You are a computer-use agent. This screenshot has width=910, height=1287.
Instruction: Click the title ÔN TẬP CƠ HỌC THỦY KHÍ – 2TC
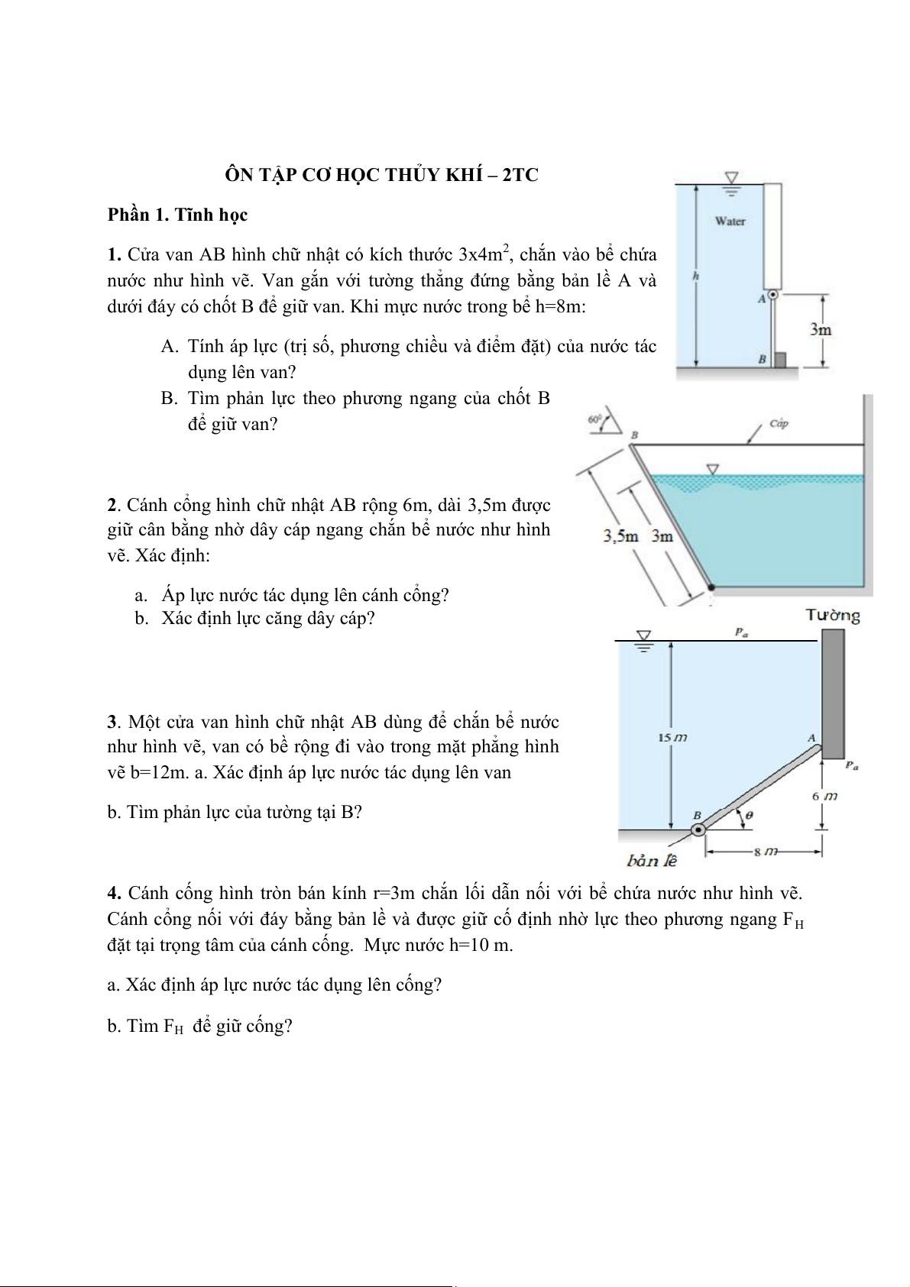[x=381, y=175]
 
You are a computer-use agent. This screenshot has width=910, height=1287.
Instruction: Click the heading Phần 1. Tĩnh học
[x=177, y=215]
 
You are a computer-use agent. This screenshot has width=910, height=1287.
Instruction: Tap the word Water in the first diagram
[x=730, y=221]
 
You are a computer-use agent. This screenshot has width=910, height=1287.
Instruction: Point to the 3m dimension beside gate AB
[x=820, y=330]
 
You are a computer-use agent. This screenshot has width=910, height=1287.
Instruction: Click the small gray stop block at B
[x=780, y=359]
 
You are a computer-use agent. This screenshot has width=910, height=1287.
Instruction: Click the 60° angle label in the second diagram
[x=595, y=419]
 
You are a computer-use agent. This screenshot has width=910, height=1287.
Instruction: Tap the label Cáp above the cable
[x=779, y=422]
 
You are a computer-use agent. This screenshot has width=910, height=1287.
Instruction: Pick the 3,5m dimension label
[x=620, y=535]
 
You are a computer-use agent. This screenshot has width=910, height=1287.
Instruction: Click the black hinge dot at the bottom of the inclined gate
[x=711, y=587]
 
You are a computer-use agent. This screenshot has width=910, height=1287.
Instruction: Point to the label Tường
[x=832, y=616]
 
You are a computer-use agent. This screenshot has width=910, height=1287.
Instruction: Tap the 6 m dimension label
[x=824, y=796]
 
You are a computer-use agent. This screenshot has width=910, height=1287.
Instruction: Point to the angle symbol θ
[x=750, y=815]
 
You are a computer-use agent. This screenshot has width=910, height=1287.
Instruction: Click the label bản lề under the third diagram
[x=652, y=861]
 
